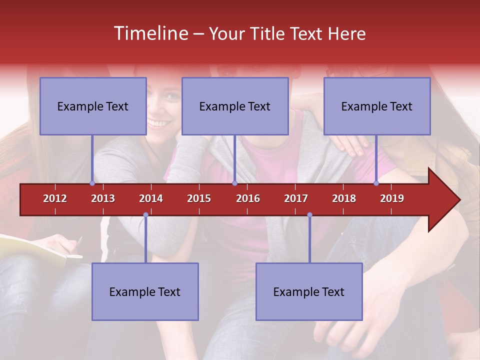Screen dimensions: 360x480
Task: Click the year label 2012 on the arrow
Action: [55, 199]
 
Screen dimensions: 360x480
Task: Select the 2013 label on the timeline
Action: [103, 199]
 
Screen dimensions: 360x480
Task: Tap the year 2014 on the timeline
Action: [151, 199]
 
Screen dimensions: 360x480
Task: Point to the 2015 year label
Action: [199, 199]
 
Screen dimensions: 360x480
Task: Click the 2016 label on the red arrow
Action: [248, 199]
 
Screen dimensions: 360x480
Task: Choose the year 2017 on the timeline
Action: [296, 199]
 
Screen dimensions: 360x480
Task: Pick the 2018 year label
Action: [344, 199]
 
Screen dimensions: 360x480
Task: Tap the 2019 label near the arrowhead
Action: [392, 199]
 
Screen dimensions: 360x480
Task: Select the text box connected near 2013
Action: [93, 106]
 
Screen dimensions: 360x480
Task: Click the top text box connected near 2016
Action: [235, 106]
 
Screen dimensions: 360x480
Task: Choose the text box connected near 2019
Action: [377, 106]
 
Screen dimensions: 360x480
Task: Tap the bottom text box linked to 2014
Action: [145, 292]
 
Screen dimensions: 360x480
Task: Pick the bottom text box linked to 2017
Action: [309, 292]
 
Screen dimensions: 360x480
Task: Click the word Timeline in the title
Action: [150, 33]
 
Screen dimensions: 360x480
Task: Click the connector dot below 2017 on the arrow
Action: [309, 215]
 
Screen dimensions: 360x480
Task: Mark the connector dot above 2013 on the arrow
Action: [92, 183]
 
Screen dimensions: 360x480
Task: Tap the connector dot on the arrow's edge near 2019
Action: [376, 183]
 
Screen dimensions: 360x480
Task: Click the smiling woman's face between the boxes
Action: [164, 107]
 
